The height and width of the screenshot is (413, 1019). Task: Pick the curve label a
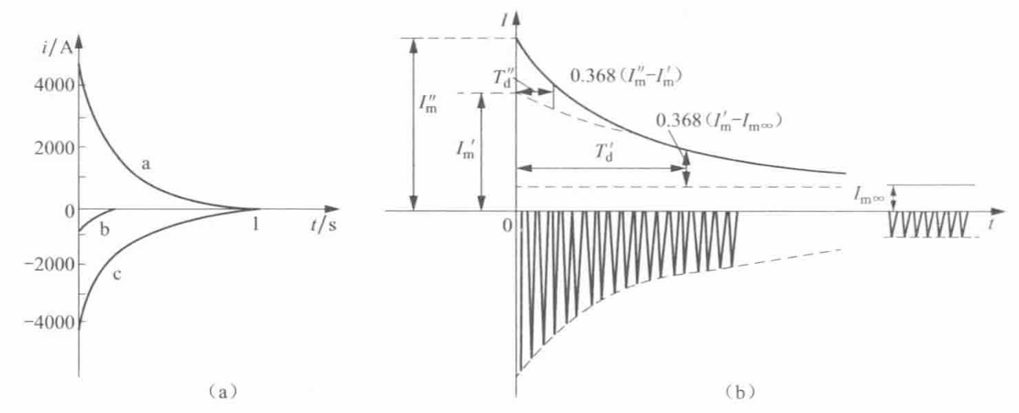145,163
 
